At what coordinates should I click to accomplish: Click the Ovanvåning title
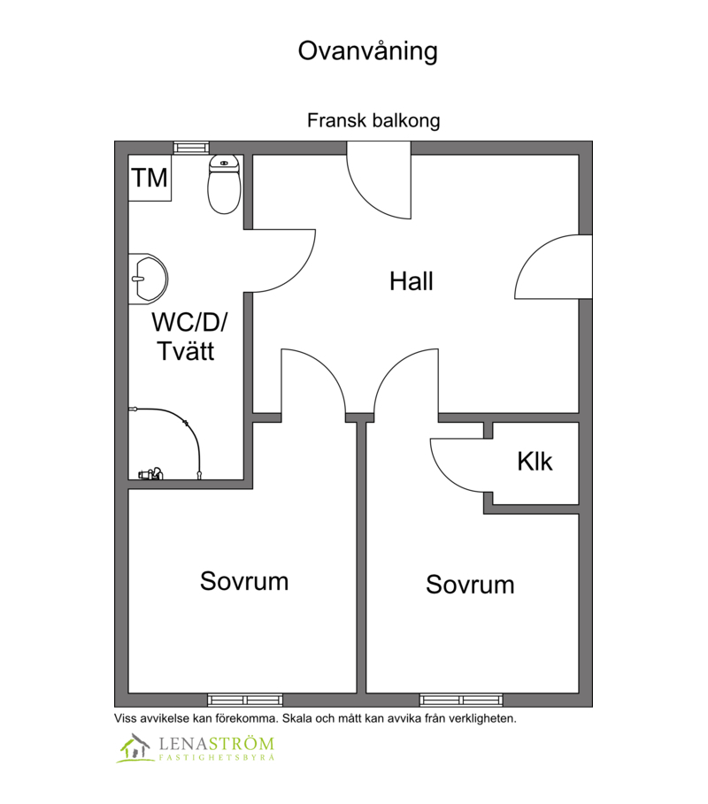[x=368, y=51]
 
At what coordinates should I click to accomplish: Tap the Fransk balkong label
[x=373, y=120]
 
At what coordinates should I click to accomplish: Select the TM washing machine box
[x=150, y=178]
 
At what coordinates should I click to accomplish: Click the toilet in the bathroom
[x=224, y=184]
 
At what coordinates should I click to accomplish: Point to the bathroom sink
[x=148, y=279]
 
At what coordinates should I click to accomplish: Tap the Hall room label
[x=412, y=281]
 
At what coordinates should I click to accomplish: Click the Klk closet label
[x=535, y=462]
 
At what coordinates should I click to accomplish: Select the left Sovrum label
[x=244, y=581]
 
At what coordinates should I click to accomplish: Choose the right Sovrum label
[x=470, y=585]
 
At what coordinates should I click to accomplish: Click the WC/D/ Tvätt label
[x=189, y=336]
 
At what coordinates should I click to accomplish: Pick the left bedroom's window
[x=245, y=700]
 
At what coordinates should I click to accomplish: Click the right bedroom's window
[x=461, y=700]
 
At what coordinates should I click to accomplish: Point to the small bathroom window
[x=191, y=148]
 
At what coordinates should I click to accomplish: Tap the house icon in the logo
[x=135, y=748]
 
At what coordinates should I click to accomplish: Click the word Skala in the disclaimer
[x=297, y=718]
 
